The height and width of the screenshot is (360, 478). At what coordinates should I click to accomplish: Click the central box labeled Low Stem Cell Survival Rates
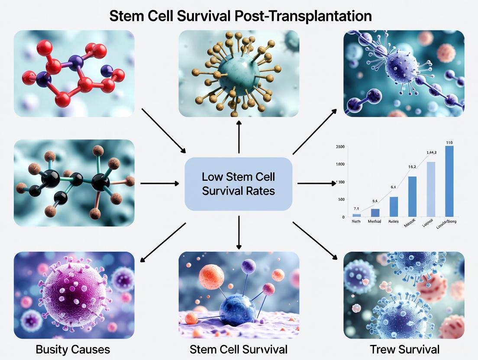[x=239, y=184]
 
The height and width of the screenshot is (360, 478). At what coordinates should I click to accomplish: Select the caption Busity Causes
[x=73, y=349]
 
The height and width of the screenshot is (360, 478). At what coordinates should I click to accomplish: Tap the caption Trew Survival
[x=404, y=349]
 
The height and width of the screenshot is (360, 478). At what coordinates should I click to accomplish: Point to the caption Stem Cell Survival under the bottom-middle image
[x=239, y=349]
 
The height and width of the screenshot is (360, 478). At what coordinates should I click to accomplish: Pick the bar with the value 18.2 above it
[x=412, y=196]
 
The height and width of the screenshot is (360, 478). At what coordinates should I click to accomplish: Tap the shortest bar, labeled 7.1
[x=357, y=215]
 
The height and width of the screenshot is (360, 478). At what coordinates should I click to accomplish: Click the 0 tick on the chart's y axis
[x=343, y=217]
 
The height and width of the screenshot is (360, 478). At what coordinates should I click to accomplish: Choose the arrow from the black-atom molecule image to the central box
[x=160, y=183]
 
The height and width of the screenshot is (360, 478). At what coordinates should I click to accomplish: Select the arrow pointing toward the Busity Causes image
[x=163, y=242]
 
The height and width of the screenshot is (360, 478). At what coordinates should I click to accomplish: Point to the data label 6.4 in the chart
[x=393, y=187]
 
